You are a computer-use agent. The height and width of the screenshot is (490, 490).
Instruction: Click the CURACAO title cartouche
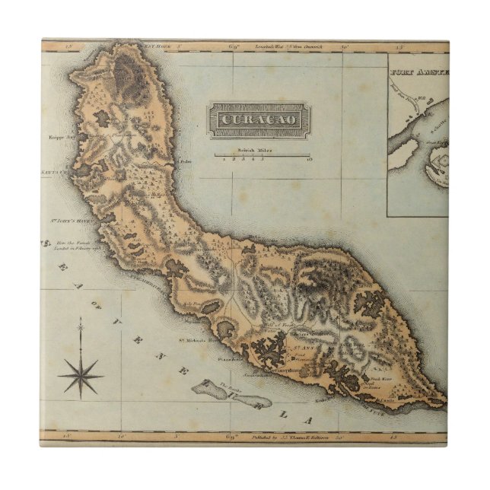pos(259,121)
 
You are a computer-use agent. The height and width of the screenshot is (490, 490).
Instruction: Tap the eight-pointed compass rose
pos(81,374)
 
